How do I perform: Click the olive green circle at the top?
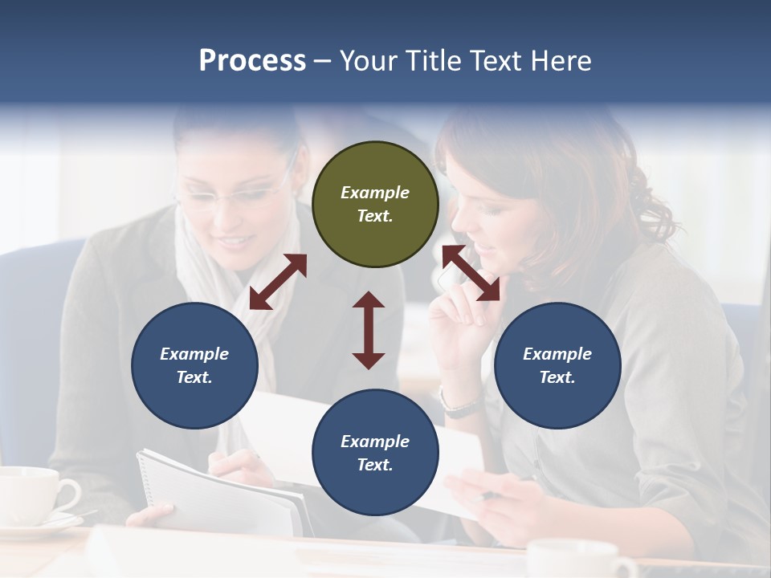tap(375, 205)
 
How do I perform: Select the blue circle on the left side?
tap(194, 366)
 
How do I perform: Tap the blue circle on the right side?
tap(557, 366)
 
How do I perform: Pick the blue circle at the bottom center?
tap(375, 453)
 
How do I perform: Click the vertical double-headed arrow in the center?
tap(369, 330)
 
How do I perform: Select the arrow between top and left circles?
tap(278, 282)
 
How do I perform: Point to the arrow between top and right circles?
tap(471, 273)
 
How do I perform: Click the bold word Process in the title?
tap(252, 60)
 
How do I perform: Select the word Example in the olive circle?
tap(375, 193)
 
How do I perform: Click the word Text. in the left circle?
tap(194, 377)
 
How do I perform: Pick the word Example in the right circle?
tap(557, 354)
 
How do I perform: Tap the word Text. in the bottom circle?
tap(375, 465)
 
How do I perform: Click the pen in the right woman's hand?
tap(487, 496)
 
